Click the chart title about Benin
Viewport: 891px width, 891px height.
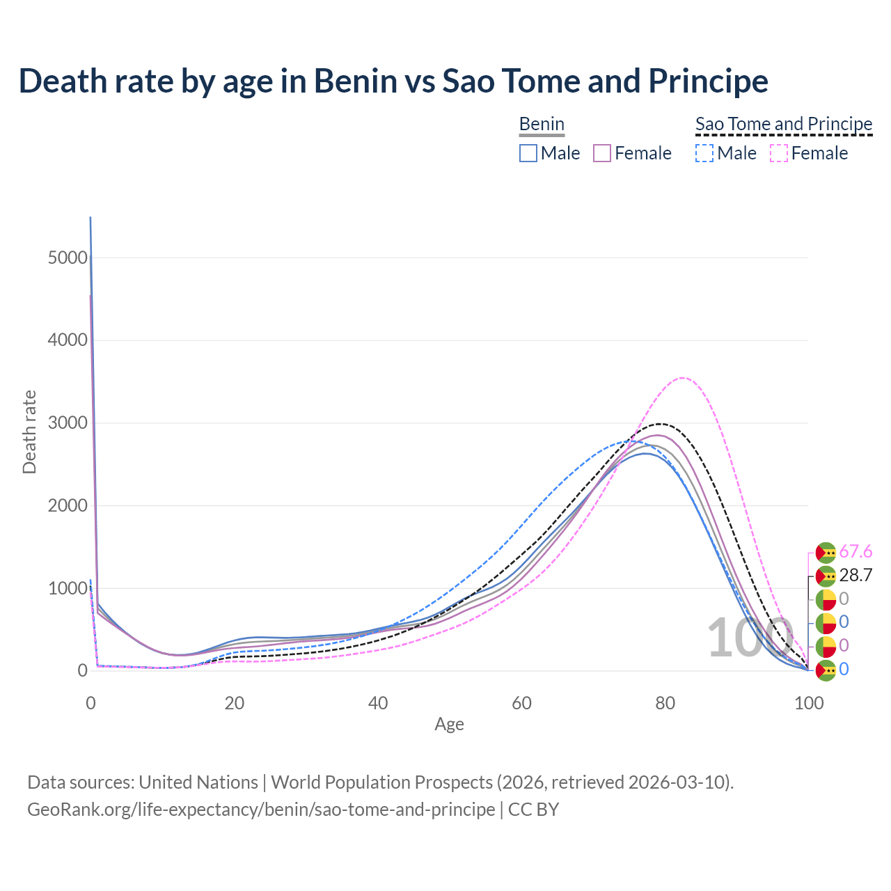coord(393,81)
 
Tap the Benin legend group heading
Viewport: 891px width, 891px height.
coord(542,124)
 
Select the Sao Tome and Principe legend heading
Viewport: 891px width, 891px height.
coord(784,124)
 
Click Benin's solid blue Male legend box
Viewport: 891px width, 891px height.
coord(528,153)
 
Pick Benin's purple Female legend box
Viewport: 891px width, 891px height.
coord(602,153)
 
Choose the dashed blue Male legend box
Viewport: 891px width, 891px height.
coord(704,153)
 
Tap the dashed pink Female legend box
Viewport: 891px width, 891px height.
coord(779,153)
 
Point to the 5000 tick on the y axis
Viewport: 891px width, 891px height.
coord(68,258)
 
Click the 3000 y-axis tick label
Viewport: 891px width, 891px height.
coord(68,423)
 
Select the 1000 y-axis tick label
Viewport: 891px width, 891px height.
coord(68,589)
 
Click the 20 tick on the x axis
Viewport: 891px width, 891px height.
coord(235,703)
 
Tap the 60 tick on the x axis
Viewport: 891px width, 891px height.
coord(521,703)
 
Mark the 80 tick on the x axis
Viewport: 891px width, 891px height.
coord(665,703)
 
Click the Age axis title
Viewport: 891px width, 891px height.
coord(449,724)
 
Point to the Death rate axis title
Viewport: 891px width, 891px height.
coord(29,432)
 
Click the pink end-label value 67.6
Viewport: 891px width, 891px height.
coord(855,552)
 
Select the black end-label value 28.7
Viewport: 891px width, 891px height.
coord(855,576)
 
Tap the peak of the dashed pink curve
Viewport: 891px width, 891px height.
coord(683,378)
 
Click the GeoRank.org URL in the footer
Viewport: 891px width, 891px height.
coord(261,810)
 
